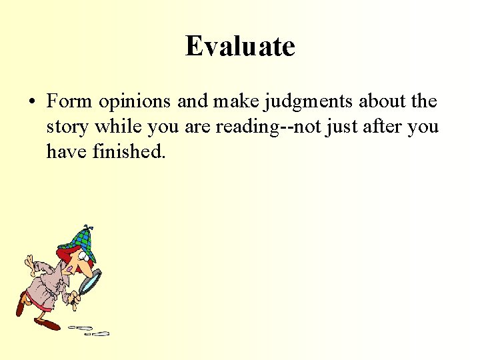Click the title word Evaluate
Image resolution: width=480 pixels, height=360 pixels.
tap(240, 47)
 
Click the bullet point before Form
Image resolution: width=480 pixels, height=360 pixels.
tap(32, 103)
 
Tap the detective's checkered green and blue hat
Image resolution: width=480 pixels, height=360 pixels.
tap(78, 239)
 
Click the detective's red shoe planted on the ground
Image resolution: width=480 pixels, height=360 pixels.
tap(49, 324)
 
